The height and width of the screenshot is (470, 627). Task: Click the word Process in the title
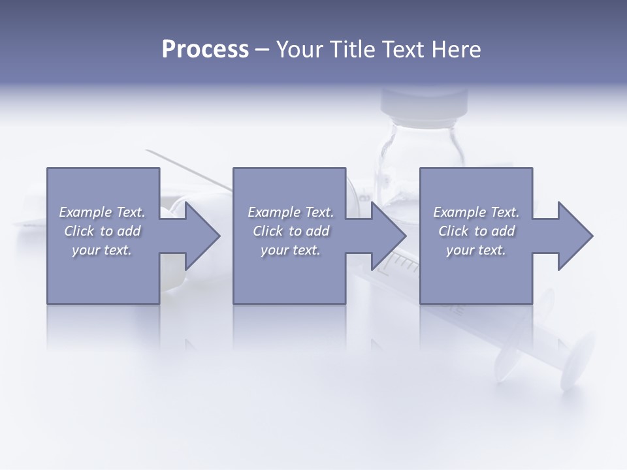coord(205,50)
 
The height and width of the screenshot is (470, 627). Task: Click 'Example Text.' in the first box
coord(102,212)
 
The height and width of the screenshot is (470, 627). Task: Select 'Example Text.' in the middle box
coord(291,212)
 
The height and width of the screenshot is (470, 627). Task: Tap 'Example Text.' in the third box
coord(476,212)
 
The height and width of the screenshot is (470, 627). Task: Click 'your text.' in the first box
coord(102,250)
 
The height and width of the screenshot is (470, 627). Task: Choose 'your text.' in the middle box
coord(291,250)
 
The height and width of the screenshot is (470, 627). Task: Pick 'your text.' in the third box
coord(476,250)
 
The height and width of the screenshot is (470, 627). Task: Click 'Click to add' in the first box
coord(102,231)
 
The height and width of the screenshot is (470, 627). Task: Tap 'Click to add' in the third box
coord(476,231)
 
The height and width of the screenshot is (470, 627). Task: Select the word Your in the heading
coord(298,50)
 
